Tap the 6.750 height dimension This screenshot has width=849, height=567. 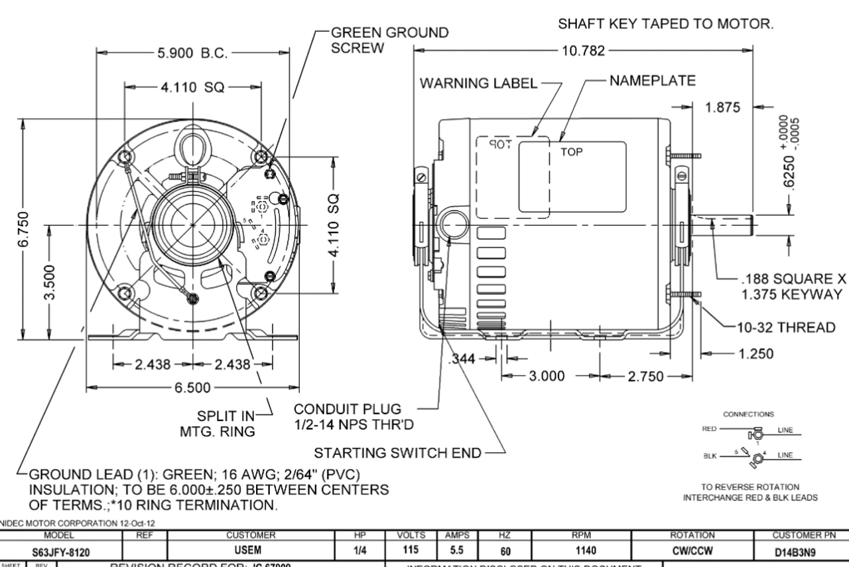click(23, 229)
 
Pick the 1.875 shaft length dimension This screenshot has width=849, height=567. click(724, 108)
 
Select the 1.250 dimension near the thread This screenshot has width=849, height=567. click(756, 354)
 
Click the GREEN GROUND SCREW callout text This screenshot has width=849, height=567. click(389, 40)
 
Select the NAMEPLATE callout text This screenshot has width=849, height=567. click(651, 81)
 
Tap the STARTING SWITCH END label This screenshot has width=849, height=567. click(397, 453)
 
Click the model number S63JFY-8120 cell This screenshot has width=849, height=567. click(62, 552)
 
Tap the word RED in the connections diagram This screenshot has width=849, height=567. click(709, 430)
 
